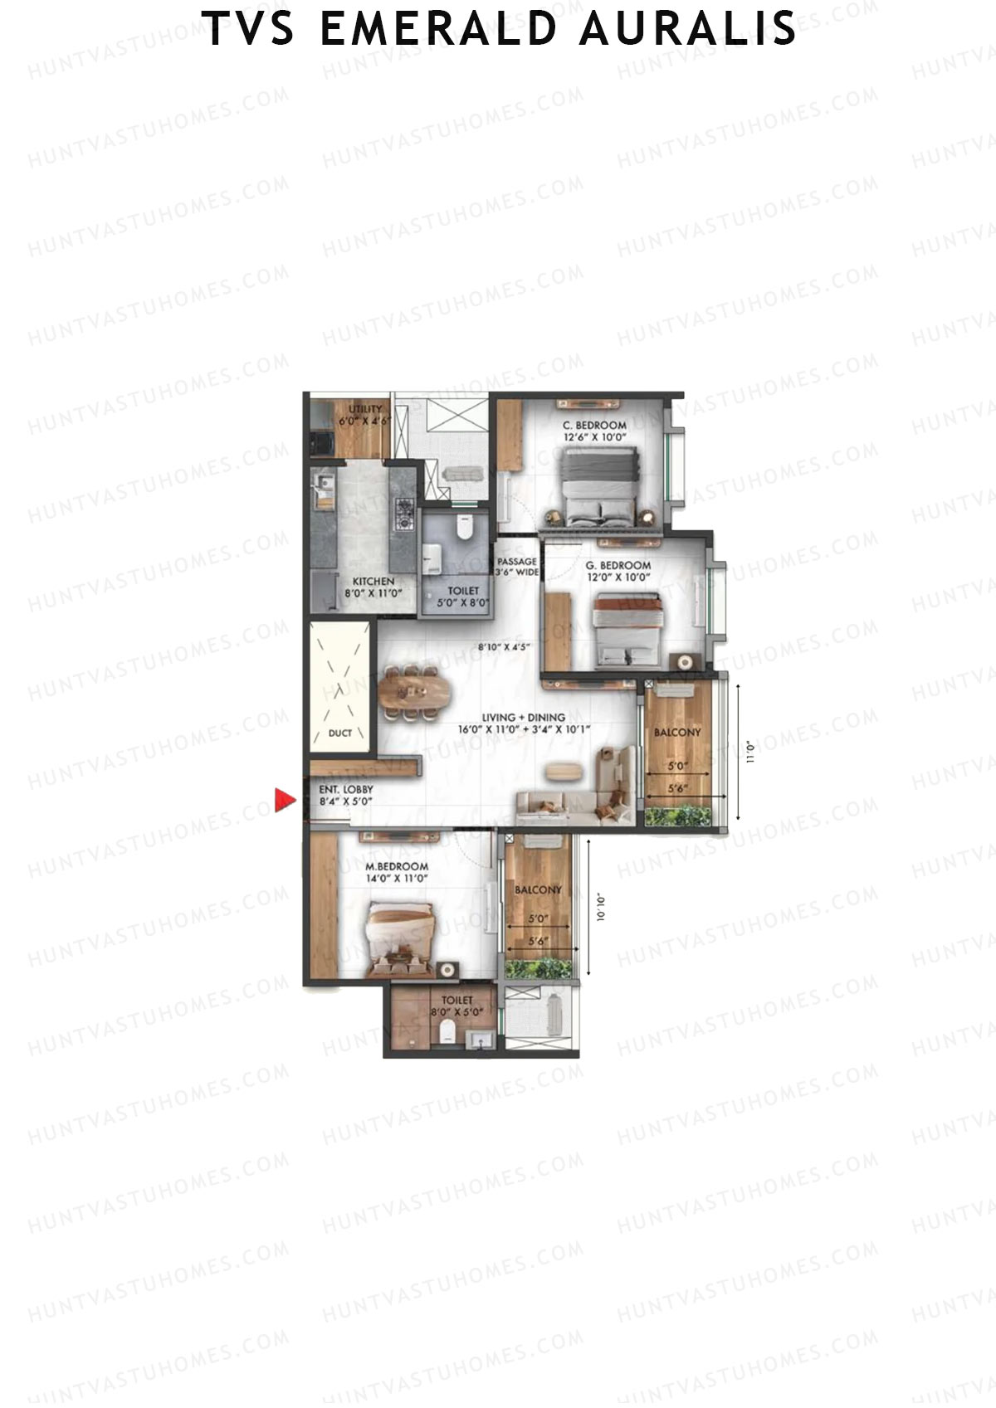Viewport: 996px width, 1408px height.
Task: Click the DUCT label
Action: pyautogui.click(x=340, y=733)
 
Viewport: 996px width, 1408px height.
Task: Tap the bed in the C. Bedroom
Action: pyautogui.click(x=598, y=486)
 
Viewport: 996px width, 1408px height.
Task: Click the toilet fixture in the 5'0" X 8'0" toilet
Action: pyautogui.click(x=464, y=528)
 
